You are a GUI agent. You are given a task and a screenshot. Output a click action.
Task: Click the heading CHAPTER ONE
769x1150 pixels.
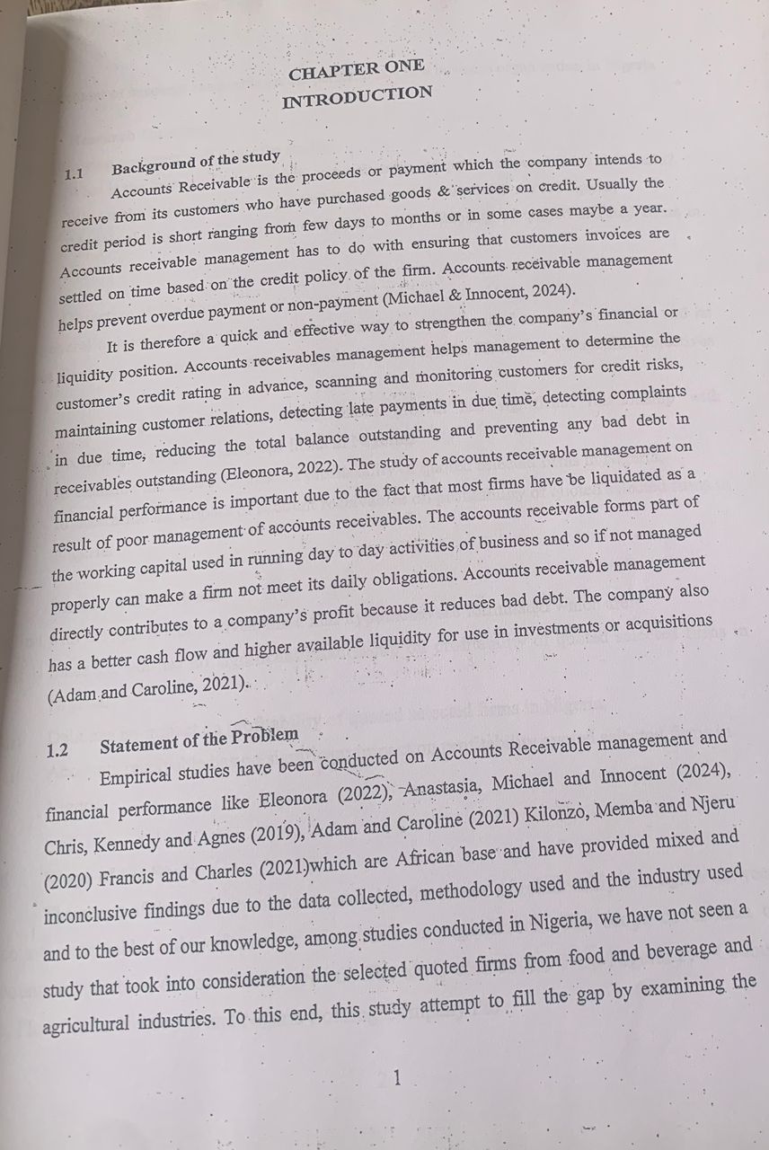[x=356, y=69]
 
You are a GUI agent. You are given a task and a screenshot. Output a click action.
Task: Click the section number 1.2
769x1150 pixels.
[x=57, y=751]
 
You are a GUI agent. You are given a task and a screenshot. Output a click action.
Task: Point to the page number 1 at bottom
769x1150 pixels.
[x=396, y=1079]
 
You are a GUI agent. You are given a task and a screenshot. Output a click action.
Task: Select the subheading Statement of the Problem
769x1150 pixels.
[x=199, y=740]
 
